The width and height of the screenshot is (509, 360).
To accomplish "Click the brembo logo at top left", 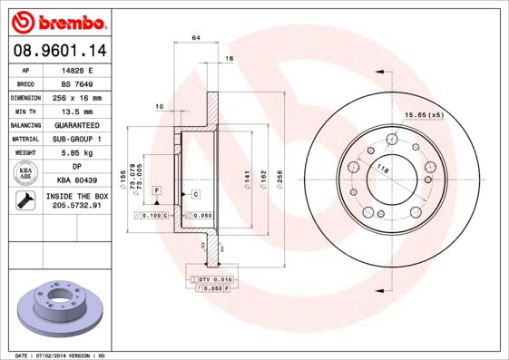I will pos(59,19).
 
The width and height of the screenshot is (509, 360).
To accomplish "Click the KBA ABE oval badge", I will pos(26,174).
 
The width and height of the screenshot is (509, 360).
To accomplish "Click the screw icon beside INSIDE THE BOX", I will pos(26,201).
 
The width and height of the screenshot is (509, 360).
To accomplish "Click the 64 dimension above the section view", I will pos(196,37).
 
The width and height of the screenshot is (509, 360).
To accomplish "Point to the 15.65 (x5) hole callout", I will pos(424,115).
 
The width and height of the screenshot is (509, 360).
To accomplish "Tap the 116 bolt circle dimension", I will pos(383,170).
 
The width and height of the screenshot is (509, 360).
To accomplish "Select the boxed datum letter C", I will pos(195,194).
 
